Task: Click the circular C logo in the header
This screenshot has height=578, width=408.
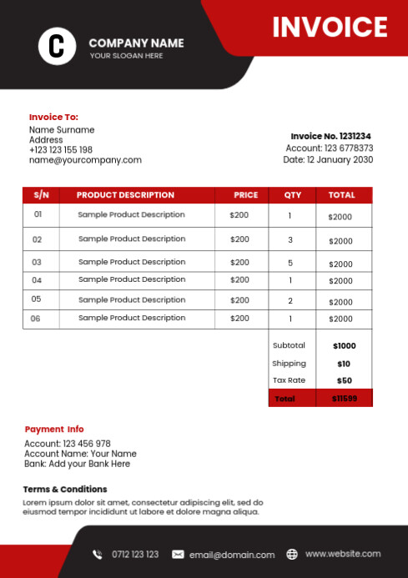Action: pos(57,45)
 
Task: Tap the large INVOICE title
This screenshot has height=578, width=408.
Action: pos(330,28)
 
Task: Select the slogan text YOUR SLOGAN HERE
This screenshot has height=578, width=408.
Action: pos(126,56)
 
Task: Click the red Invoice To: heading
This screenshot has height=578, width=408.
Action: pos(53,118)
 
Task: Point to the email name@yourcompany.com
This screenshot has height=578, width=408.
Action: pos(85,160)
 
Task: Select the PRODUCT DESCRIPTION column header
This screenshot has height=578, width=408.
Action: pos(125,195)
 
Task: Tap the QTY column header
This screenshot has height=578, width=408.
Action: pos(292,195)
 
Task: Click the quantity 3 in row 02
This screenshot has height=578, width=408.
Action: pos(290,239)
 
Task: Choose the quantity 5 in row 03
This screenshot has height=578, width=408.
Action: pos(290,263)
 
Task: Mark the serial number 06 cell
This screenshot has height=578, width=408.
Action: pos(36,319)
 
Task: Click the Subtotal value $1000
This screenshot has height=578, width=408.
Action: pos(344,345)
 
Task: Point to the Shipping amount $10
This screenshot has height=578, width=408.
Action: pos(344,364)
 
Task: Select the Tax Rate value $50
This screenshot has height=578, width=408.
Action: pos(344,381)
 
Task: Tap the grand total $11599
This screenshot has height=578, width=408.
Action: pos(344,399)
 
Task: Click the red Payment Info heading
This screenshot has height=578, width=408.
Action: pos(54,430)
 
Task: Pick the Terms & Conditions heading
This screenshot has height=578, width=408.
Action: pos(65,490)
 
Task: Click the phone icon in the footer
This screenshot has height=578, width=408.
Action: pos(98,555)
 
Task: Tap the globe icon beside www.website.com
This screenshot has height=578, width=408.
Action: pos(292,554)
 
